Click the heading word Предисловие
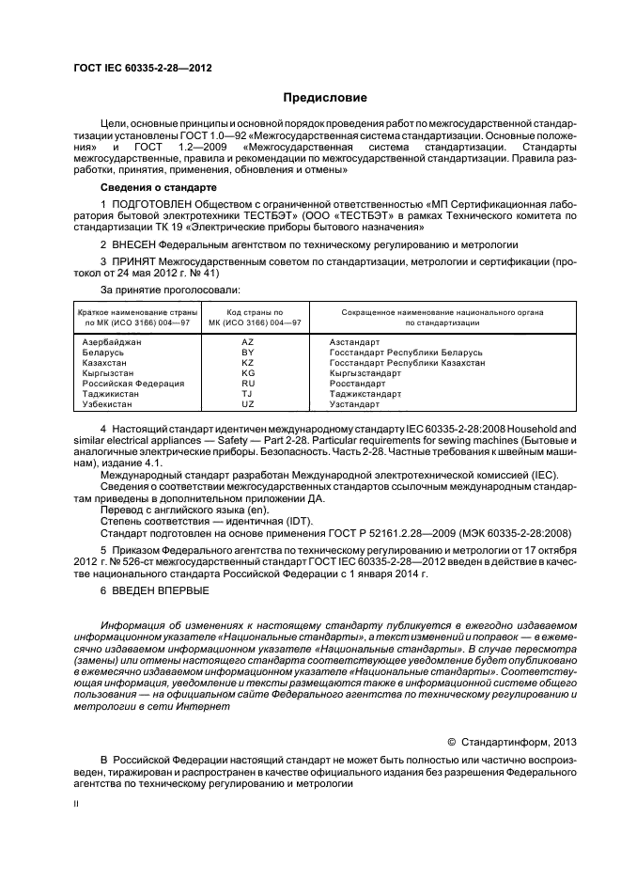coord(325,98)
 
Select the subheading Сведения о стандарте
coord(147,187)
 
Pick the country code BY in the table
coord(248,353)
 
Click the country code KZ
coord(248,363)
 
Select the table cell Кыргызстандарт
coord(365,373)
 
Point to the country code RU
coord(248,384)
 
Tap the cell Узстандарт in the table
coord(355,404)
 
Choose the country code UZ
coord(248,404)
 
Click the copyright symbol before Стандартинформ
coord(451,741)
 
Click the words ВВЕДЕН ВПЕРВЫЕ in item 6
coord(161,589)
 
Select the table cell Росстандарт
coord(357,384)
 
